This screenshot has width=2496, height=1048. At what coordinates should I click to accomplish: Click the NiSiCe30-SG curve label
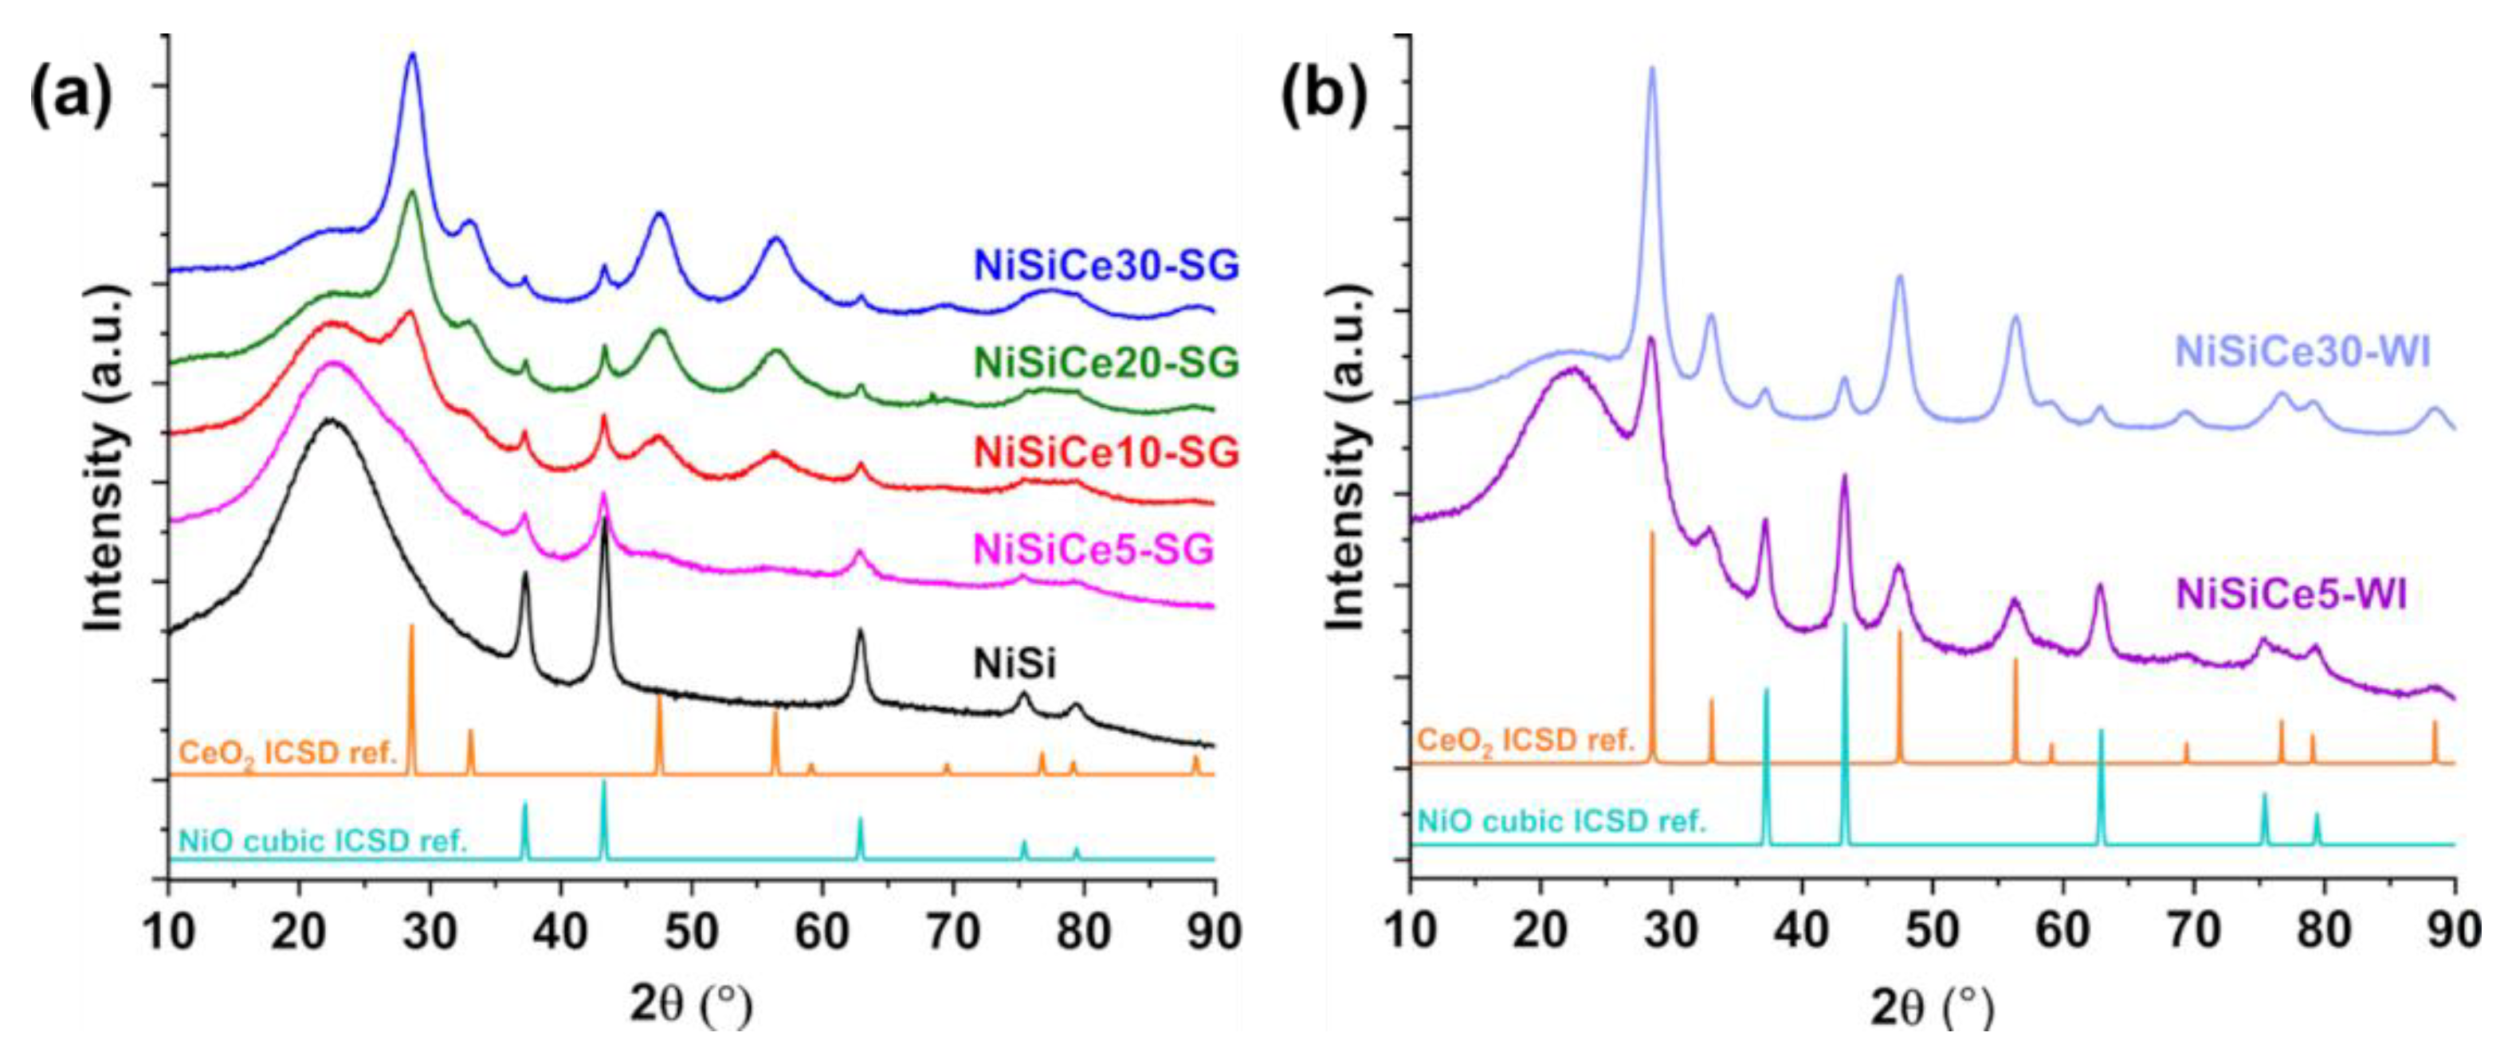coord(1106,265)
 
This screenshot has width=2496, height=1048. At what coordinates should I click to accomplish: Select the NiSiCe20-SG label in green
coord(1106,362)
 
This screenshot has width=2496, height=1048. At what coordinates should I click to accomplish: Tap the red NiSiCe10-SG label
coord(1106,452)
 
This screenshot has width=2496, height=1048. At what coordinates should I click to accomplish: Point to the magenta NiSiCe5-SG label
coord(1093,549)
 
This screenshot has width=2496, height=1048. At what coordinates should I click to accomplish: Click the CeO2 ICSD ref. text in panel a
coord(288,753)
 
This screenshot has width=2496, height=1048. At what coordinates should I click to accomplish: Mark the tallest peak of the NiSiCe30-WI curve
coord(1651,70)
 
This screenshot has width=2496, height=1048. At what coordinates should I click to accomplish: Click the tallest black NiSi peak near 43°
coord(605,521)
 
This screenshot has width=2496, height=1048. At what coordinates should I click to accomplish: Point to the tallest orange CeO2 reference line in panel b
coord(1652,534)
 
